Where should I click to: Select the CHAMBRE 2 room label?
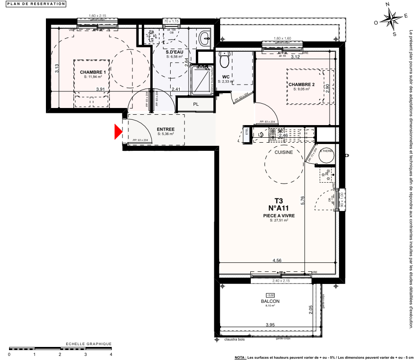click(x=301, y=85)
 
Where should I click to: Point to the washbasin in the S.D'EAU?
click(x=205, y=38)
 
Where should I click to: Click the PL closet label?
click(x=183, y=104)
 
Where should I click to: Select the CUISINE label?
click(x=284, y=152)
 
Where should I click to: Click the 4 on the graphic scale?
click(x=111, y=354)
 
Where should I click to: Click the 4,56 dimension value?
click(x=277, y=260)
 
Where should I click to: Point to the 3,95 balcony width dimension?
click(x=270, y=325)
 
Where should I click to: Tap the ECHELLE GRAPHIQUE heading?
click(x=89, y=344)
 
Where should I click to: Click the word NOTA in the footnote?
click(x=240, y=357)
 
